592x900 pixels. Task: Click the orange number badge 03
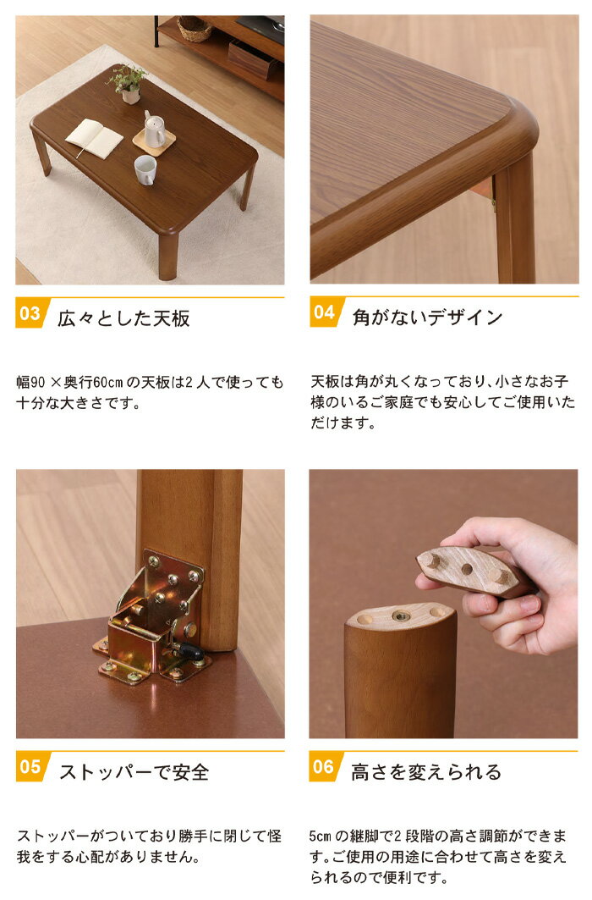(31, 313)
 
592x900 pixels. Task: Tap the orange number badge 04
(325, 312)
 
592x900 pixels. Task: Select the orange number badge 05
(31, 767)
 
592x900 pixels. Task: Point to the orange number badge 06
(325, 766)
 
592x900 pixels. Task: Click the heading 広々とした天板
(123, 318)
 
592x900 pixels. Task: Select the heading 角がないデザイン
(428, 317)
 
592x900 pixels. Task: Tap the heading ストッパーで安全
(134, 772)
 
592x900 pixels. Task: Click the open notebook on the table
(94, 138)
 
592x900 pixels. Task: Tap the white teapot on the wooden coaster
(154, 130)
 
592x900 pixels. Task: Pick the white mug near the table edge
(145, 170)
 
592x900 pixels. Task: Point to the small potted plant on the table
(128, 84)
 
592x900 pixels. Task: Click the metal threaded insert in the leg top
(401, 616)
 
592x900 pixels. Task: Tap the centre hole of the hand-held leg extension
(467, 570)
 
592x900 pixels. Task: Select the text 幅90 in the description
(30, 383)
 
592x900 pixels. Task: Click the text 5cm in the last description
(321, 837)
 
